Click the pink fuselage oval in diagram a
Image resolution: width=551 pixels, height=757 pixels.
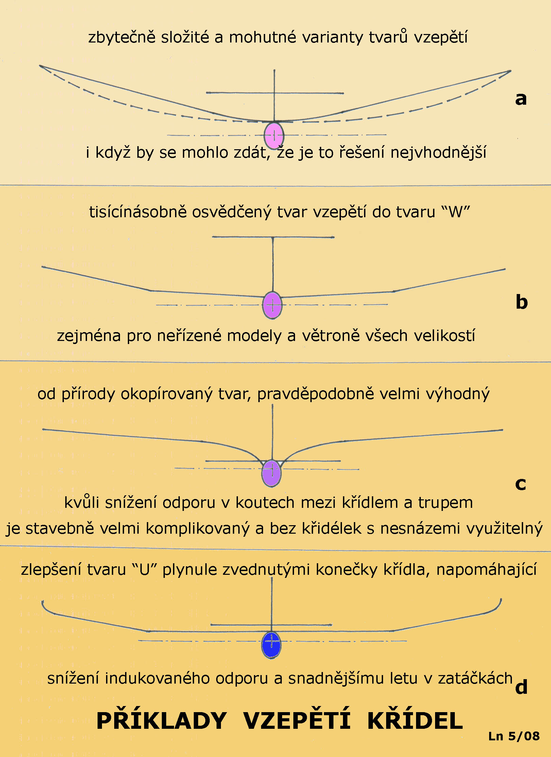point(274,136)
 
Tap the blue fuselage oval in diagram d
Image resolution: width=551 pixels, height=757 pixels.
point(271,645)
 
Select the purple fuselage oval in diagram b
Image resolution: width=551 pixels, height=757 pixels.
point(272,305)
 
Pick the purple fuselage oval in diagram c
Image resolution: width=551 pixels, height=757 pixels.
point(271,473)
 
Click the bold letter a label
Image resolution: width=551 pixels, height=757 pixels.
point(521,99)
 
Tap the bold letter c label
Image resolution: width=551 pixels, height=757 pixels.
point(520,484)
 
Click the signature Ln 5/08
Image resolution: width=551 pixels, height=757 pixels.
point(514,736)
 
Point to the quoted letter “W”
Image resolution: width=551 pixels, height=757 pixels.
point(455,212)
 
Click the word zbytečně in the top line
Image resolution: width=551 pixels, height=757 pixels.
point(122,37)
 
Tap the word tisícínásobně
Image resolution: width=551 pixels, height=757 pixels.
point(138,212)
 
